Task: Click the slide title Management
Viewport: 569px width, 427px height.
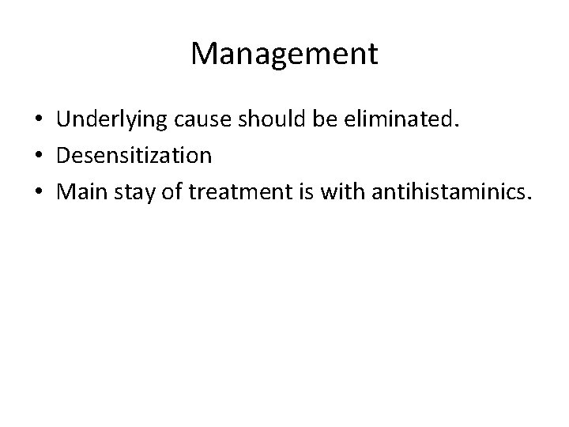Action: tap(284, 55)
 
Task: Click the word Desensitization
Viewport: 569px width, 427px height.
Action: tap(134, 155)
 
